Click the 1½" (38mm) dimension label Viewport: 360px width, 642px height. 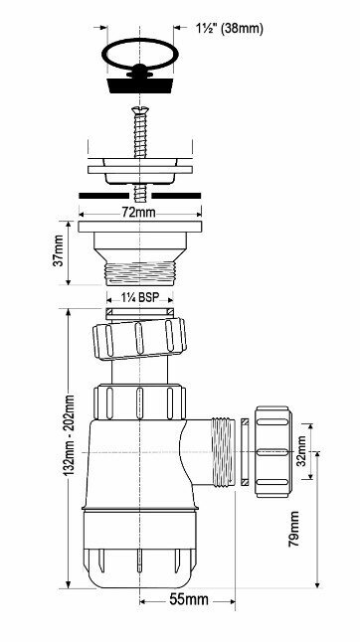click(229, 28)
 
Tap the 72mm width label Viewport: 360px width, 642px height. click(140, 213)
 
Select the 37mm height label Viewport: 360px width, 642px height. click(58, 250)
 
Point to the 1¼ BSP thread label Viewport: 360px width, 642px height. click(139, 297)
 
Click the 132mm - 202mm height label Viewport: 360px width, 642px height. click(69, 435)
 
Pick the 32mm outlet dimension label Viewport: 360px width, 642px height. click(301, 451)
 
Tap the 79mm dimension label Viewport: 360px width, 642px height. click(293, 529)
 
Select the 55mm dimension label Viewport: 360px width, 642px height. click(189, 600)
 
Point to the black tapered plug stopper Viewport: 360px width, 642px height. click(140, 84)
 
